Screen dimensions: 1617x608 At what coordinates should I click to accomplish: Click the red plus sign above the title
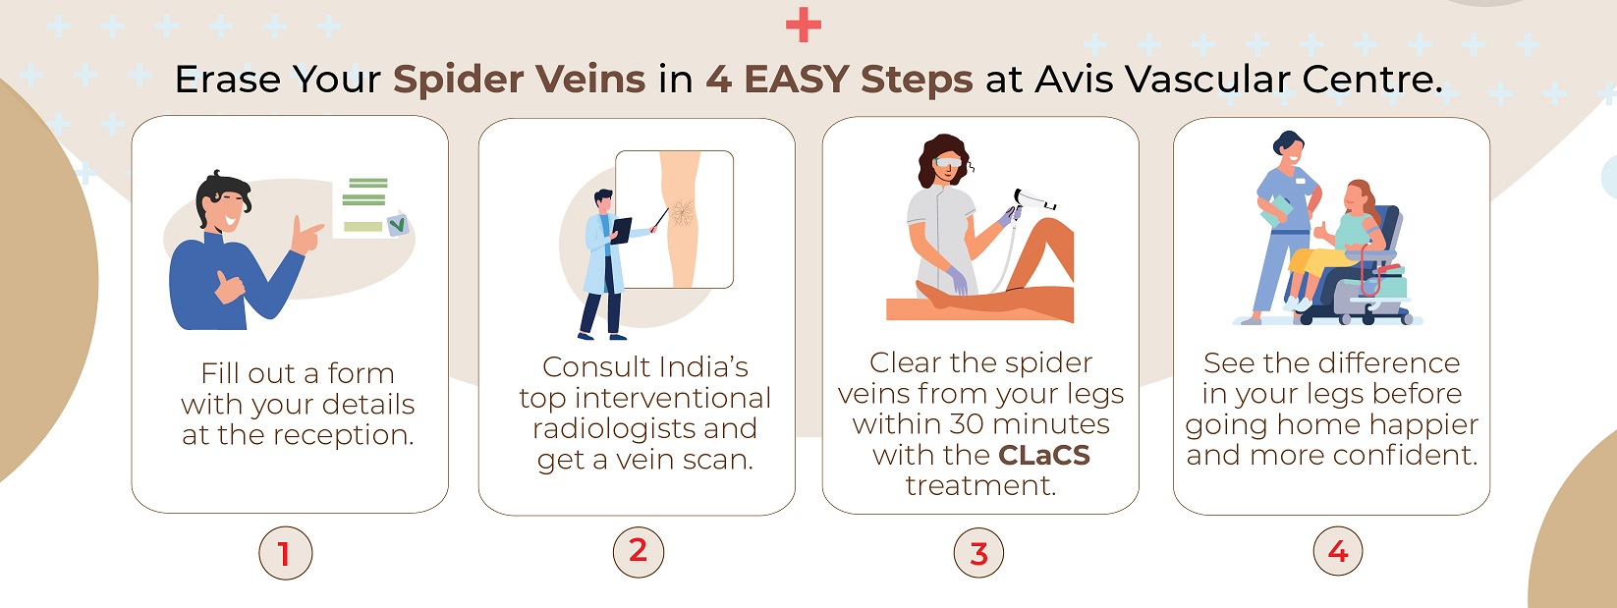click(x=804, y=26)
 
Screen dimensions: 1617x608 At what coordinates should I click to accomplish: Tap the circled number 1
click(x=285, y=553)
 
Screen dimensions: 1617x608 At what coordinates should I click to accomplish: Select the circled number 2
click(x=639, y=552)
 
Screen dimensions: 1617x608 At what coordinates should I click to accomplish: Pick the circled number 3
click(x=978, y=553)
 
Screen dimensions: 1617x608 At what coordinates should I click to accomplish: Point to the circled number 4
click(x=1338, y=551)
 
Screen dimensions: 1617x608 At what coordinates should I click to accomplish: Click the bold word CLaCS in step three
click(x=1044, y=455)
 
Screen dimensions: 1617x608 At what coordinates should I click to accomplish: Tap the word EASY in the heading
click(x=797, y=79)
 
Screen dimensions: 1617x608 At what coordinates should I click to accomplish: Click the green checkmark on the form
click(x=397, y=225)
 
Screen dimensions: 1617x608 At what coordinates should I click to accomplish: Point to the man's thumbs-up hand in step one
click(x=229, y=287)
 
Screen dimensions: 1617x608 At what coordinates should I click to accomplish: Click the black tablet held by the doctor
click(x=621, y=231)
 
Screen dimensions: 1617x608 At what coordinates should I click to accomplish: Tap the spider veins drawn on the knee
click(x=682, y=212)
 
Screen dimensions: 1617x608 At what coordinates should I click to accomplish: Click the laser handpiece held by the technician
click(x=1032, y=201)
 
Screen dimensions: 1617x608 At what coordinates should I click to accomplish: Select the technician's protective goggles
click(x=948, y=162)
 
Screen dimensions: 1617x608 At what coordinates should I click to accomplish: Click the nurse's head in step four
click(x=1289, y=148)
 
